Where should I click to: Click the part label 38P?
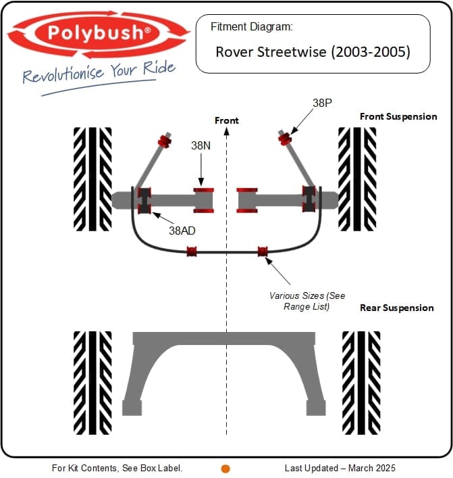point(322,103)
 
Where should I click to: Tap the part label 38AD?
point(182,230)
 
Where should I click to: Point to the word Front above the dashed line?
point(226,120)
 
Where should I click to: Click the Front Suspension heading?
point(398,116)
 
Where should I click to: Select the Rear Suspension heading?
point(396,308)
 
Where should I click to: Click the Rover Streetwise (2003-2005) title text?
point(313,51)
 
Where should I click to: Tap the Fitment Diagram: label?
point(251,28)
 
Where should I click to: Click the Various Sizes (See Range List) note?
point(307,301)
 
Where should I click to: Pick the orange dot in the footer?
point(225,468)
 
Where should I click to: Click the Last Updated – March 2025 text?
point(340,468)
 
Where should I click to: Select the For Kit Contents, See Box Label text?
point(117,468)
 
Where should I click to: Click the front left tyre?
point(92,178)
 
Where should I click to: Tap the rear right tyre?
point(361,382)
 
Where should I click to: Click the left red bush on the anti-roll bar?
point(192,252)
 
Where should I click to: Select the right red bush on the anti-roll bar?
point(263,252)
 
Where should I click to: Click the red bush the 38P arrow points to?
point(284,139)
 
